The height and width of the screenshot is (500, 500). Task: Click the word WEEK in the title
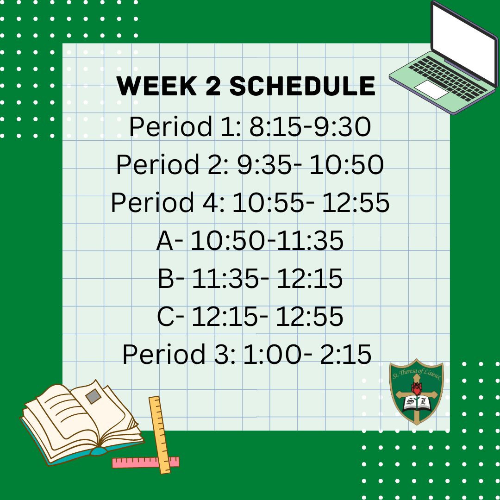(156, 86)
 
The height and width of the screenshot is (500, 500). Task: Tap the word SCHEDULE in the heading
(302, 86)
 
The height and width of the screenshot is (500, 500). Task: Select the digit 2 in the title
(212, 86)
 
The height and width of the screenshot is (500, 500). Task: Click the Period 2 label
(172, 164)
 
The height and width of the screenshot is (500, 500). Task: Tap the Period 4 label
(168, 202)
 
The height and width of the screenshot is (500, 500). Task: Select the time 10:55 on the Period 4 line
(269, 202)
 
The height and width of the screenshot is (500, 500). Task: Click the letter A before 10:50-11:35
(165, 240)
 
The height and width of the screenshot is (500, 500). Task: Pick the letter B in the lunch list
(166, 278)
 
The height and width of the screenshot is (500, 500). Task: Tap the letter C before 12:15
(166, 316)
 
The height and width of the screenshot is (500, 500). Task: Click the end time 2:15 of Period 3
(346, 354)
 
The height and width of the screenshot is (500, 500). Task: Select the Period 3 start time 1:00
(273, 354)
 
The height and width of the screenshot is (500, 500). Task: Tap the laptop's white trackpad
(431, 90)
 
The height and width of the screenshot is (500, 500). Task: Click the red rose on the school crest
(417, 389)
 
